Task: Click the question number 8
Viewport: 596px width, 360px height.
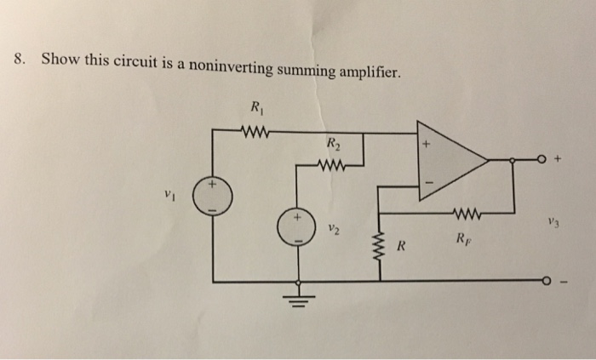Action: pos(20,60)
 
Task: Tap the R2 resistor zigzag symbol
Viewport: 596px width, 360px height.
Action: pos(333,165)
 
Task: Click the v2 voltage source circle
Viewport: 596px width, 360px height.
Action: pos(298,229)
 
